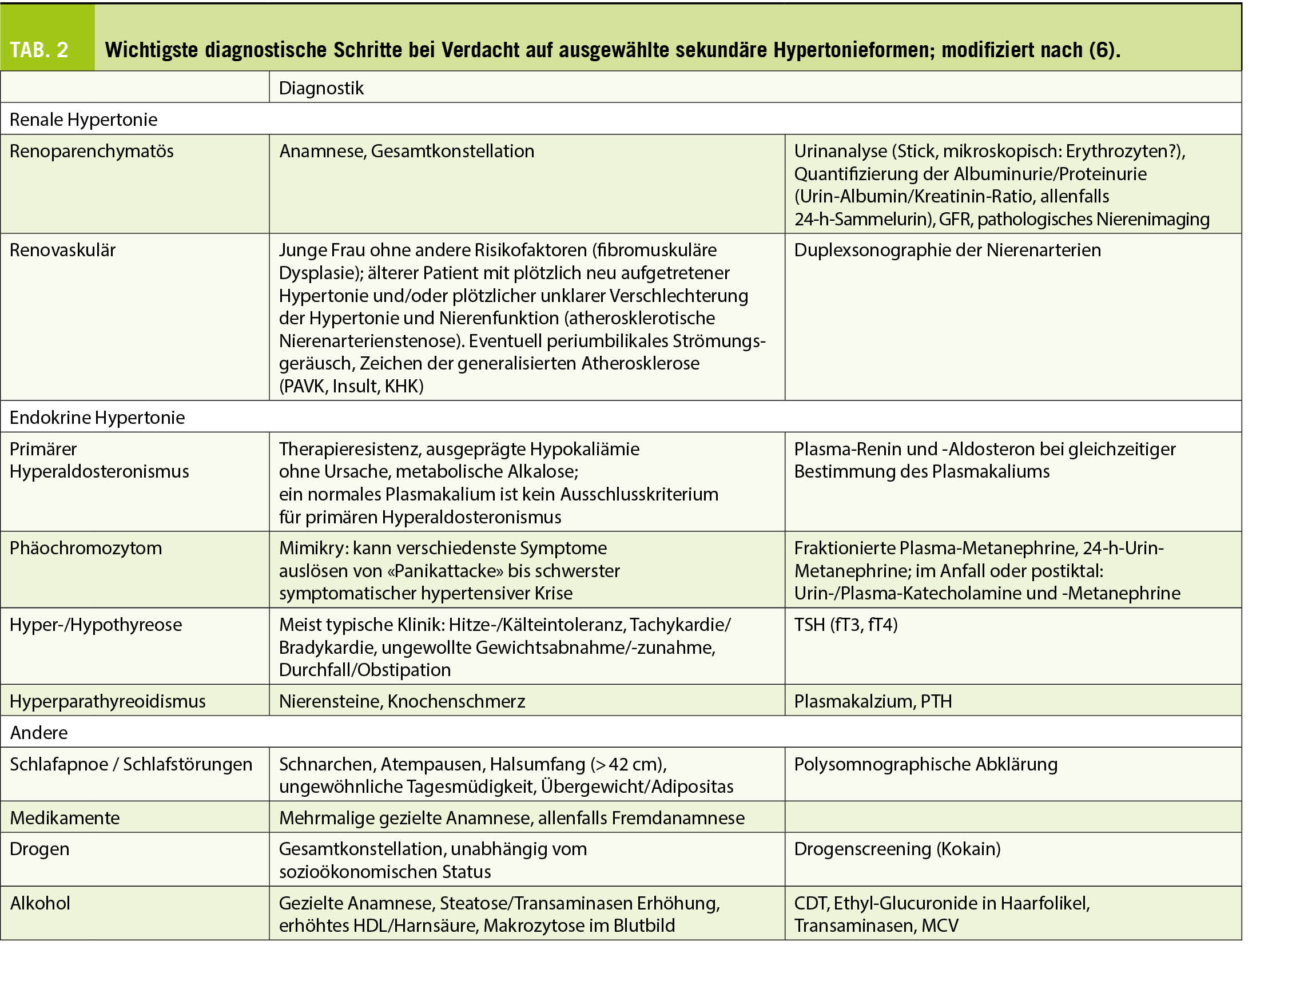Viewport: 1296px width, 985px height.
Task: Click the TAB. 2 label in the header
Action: pyautogui.click(x=39, y=50)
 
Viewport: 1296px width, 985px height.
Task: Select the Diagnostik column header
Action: pyautogui.click(x=321, y=89)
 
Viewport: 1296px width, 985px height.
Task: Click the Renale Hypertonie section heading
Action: pyautogui.click(x=84, y=120)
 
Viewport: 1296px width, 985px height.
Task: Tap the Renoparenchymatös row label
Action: pyautogui.click(x=92, y=151)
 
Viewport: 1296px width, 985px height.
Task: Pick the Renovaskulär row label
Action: pyautogui.click(x=63, y=251)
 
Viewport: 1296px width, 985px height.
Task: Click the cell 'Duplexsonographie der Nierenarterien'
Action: pyautogui.click(x=947, y=251)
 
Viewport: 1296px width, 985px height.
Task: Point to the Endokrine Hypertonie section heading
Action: pyautogui.click(x=97, y=418)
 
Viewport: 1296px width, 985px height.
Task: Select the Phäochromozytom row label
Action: pyautogui.click(x=86, y=548)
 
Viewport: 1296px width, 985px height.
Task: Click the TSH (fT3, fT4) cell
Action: pyautogui.click(x=845, y=625)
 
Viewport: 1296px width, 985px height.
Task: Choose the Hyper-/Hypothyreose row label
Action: pyautogui.click(x=96, y=625)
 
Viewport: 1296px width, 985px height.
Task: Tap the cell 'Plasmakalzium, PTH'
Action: pyautogui.click(x=872, y=701)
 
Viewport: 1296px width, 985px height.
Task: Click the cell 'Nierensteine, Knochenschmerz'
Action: pyautogui.click(x=401, y=701)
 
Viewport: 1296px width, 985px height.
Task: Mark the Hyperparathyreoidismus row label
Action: pyautogui.click(x=108, y=701)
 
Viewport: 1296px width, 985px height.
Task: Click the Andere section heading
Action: pyautogui.click(x=39, y=733)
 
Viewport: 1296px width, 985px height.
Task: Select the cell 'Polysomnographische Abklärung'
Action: pyautogui.click(x=925, y=765)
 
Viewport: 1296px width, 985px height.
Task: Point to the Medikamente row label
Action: pyautogui.click(x=65, y=818)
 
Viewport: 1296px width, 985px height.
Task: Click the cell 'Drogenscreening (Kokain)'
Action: pyautogui.click(x=897, y=849)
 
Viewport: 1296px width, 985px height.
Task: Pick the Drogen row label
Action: pyautogui.click(x=39, y=849)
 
